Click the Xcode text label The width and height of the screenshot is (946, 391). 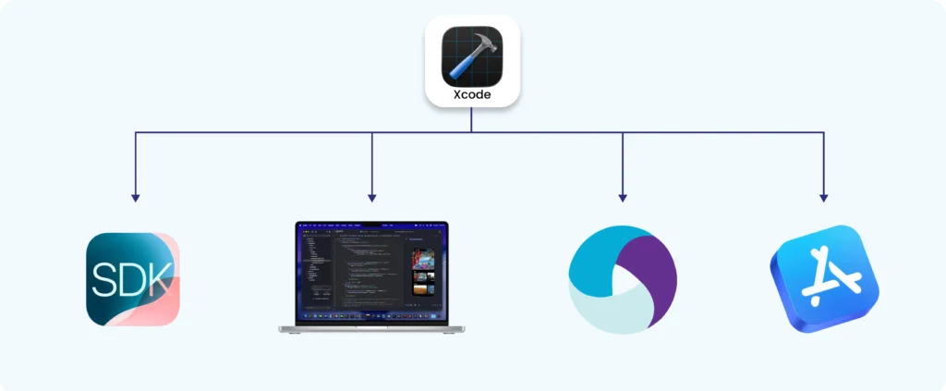pos(471,93)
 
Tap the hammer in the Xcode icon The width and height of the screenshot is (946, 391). pos(471,54)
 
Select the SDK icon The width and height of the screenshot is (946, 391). pos(133,279)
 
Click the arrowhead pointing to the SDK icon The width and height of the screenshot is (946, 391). pos(136,197)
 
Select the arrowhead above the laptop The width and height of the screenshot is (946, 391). pos(371,197)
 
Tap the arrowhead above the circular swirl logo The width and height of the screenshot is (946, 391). pos(623,197)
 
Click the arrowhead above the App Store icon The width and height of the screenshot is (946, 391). pos(823,197)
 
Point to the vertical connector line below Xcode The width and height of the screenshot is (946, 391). pos(471,119)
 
